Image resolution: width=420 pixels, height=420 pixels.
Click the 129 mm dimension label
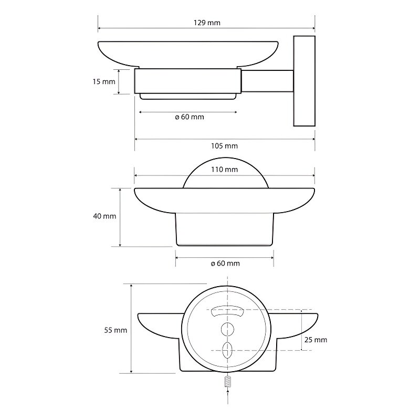207,23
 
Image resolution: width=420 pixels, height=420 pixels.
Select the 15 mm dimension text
104,81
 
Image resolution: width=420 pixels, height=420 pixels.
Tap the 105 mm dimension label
225,146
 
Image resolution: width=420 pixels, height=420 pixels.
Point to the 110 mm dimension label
225,169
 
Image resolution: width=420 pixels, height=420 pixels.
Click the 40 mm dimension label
104,216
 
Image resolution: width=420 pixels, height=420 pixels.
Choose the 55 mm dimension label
115,330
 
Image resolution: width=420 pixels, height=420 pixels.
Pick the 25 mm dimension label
316,340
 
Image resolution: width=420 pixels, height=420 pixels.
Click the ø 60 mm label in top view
190,117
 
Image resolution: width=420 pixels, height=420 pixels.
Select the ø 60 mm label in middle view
225,264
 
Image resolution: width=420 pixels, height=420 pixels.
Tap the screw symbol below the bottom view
227,382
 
